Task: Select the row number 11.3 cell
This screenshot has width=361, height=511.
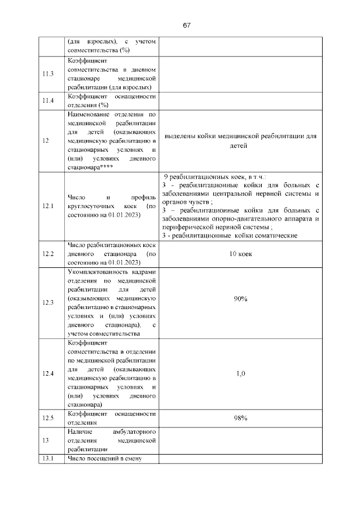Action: (x=48, y=74)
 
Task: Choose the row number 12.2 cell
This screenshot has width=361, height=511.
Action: (x=48, y=254)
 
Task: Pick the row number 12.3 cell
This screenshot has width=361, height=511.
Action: (x=48, y=302)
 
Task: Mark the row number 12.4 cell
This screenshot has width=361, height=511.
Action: (x=48, y=373)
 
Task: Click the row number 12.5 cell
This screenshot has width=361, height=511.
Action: (x=48, y=418)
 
